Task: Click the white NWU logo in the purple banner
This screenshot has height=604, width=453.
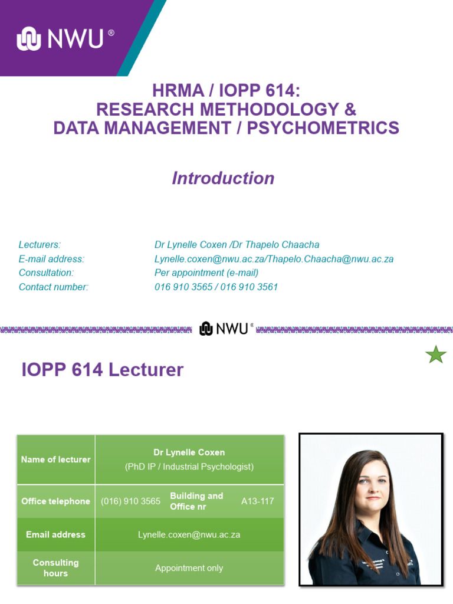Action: pyautogui.click(x=65, y=38)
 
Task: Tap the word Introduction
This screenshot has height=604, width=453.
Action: pyautogui.click(x=223, y=178)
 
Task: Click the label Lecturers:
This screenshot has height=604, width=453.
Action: pyautogui.click(x=40, y=245)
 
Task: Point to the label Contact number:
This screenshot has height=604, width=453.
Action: pyautogui.click(x=54, y=287)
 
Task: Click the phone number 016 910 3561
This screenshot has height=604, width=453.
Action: pyautogui.click(x=249, y=287)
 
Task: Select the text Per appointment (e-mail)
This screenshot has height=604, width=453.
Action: pyautogui.click(x=206, y=273)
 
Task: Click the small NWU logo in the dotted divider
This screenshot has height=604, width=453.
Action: pyautogui.click(x=226, y=329)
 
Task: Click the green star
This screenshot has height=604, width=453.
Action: pyautogui.click(x=436, y=354)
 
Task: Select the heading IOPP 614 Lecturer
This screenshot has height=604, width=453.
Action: pyautogui.click(x=103, y=370)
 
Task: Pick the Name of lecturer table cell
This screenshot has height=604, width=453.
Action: pyautogui.click(x=56, y=459)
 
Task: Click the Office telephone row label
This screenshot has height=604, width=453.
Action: pyautogui.click(x=56, y=501)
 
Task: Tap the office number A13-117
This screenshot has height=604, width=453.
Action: pyautogui.click(x=258, y=501)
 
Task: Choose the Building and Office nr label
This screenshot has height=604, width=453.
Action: pyautogui.click(x=196, y=501)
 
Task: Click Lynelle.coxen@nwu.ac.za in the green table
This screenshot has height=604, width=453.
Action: pyautogui.click(x=189, y=535)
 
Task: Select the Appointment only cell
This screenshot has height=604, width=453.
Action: pyautogui.click(x=189, y=568)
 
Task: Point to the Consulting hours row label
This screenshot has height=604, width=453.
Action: pyautogui.click(x=56, y=568)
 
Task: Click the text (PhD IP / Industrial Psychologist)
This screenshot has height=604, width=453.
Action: pyautogui.click(x=189, y=467)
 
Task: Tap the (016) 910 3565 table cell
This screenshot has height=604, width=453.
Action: pyautogui.click(x=130, y=501)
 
